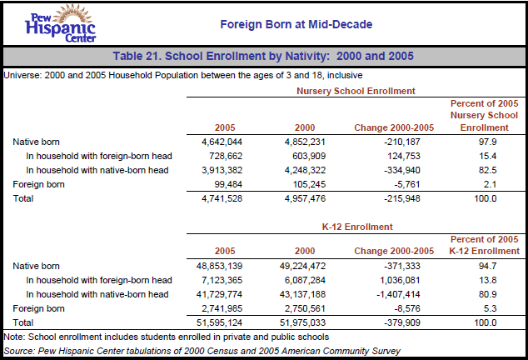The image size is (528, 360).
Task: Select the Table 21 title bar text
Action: coord(264,57)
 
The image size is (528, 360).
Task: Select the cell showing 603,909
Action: coord(301,156)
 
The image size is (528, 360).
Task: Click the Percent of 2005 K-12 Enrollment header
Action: coord(484,244)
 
